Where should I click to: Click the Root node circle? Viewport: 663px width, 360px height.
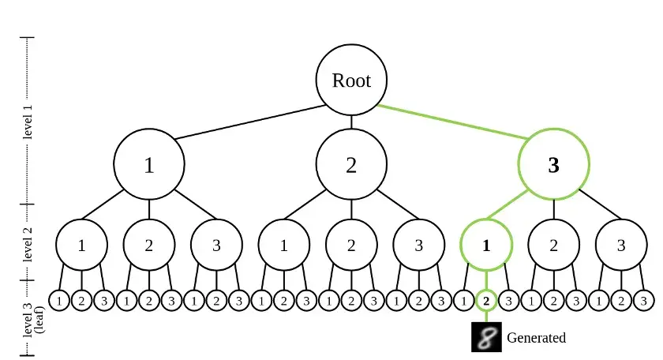pyautogui.click(x=351, y=80)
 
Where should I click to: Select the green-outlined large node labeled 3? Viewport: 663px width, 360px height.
pyautogui.click(x=553, y=164)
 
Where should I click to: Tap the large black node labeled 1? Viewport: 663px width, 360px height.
pyautogui.click(x=149, y=164)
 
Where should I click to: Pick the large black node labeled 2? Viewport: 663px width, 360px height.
pyautogui.click(x=351, y=164)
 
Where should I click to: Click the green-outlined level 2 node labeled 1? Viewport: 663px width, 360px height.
pyautogui.click(x=486, y=245)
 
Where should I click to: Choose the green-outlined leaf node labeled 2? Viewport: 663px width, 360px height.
pyautogui.click(x=486, y=301)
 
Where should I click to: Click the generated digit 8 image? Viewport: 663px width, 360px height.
pyautogui.click(x=487, y=337)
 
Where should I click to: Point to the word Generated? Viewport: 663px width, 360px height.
pyautogui.click(x=536, y=338)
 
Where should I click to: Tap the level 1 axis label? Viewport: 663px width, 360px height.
pyautogui.click(x=27, y=122)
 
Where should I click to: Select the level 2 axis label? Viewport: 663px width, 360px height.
pyautogui.click(x=27, y=244)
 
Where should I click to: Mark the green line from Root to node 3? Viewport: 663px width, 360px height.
pyautogui.click(x=452, y=122)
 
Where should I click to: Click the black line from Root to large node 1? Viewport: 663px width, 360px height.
pyautogui.click(x=250, y=122)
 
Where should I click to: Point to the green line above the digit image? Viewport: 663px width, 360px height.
pyautogui.click(x=486, y=317)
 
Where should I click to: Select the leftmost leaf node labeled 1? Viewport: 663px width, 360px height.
pyautogui.click(x=59, y=301)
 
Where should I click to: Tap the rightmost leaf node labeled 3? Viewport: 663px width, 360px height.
pyautogui.click(x=643, y=301)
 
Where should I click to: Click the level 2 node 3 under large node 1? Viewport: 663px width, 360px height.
pyautogui.click(x=216, y=245)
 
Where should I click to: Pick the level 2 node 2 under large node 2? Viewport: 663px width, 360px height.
pyautogui.click(x=351, y=245)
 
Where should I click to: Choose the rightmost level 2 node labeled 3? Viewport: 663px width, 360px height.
pyautogui.click(x=621, y=245)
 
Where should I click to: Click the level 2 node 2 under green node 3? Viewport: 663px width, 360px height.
pyautogui.click(x=553, y=245)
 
